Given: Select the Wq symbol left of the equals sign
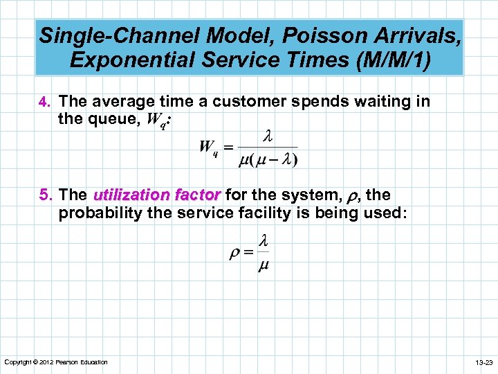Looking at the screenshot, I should (208, 148).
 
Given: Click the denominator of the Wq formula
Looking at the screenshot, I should (268, 161).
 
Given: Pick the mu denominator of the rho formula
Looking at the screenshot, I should (263, 266).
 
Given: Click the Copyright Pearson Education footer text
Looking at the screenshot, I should (56, 362).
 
